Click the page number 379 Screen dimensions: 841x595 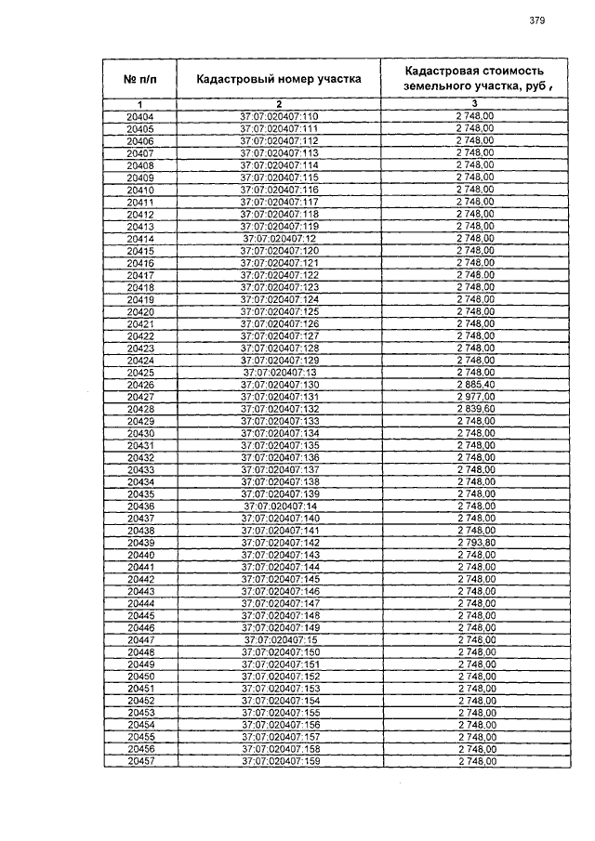click(536, 20)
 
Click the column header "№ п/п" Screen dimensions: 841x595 click(140, 80)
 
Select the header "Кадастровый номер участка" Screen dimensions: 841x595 click(278, 80)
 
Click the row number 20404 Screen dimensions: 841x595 click(140, 116)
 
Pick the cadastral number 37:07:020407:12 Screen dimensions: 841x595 click(279, 239)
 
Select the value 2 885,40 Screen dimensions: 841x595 click(474, 385)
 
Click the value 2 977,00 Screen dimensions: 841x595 click(474, 397)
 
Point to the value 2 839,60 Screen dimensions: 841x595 click(474, 409)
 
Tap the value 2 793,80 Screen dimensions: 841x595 click(475, 543)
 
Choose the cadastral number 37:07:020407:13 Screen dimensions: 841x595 click(279, 373)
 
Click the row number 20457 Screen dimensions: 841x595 click(140, 762)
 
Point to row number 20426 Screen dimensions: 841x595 click(140, 385)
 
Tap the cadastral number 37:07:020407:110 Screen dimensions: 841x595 click(279, 116)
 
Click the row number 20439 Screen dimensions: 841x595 click(140, 543)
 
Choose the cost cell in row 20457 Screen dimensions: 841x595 click(475, 762)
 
